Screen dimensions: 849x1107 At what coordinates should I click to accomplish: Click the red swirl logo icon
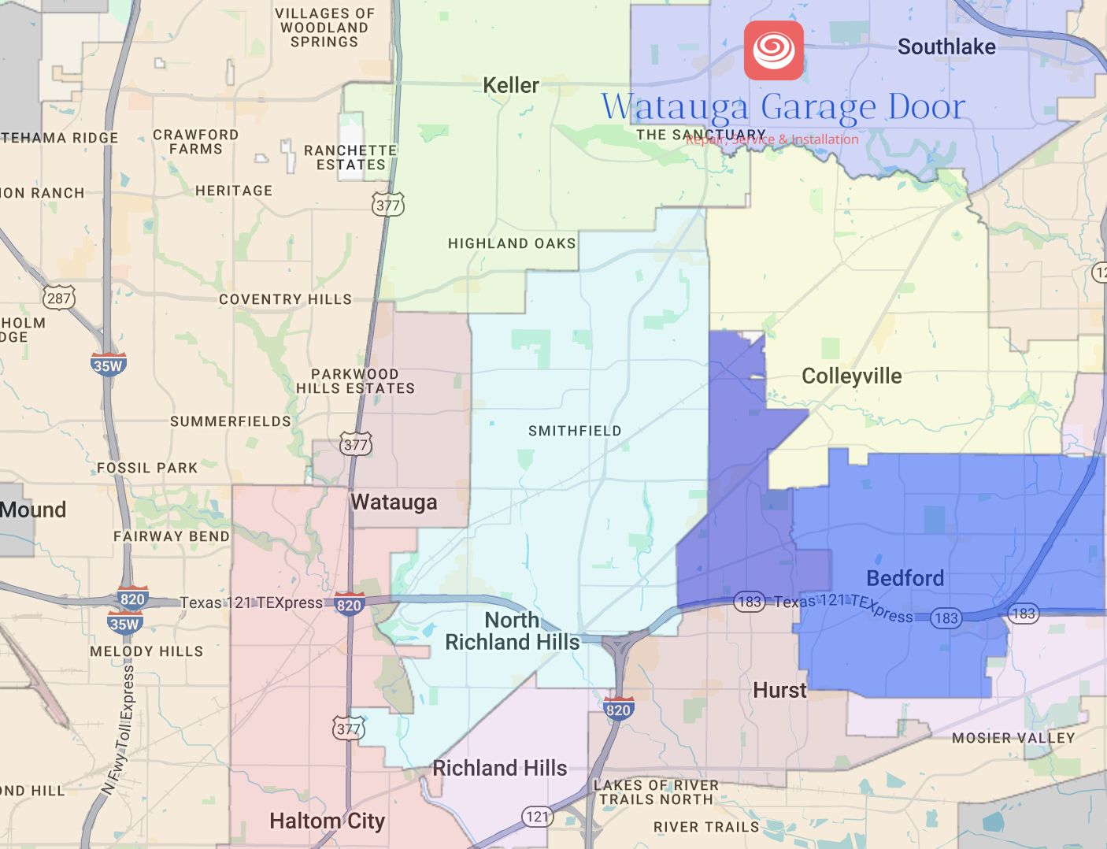(774, 50)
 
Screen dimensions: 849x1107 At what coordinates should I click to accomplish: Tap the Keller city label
(511, 85)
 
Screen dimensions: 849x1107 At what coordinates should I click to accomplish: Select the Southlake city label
(946, 47)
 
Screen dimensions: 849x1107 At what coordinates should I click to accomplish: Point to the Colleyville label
(851, 376)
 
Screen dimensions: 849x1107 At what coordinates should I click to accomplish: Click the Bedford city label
(905, 578)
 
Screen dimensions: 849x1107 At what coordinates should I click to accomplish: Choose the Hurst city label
(779, 691)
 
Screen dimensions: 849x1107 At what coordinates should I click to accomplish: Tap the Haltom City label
(327, 821)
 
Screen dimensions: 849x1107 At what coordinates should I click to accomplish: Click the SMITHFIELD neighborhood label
(575, 431)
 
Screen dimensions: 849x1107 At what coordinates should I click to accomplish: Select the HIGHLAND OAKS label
(512, 243)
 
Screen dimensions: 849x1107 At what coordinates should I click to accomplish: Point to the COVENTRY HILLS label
(285, 299)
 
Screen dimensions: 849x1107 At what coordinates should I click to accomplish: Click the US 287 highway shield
(59, 298)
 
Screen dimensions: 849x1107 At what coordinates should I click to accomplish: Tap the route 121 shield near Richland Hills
(537, 817)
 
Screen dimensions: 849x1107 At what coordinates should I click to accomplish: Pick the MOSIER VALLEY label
(1013, 738)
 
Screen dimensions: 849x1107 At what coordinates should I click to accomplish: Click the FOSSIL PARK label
(147, 468)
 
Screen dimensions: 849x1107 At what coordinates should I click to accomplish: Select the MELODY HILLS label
(146, 651)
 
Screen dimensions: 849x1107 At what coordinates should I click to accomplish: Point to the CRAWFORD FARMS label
(195, 142)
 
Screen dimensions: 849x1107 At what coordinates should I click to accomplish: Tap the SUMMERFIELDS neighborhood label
(231, 421)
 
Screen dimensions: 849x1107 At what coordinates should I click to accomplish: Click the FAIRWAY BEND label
(172, 536)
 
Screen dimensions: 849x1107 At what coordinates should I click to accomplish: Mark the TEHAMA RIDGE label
(60, 138)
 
